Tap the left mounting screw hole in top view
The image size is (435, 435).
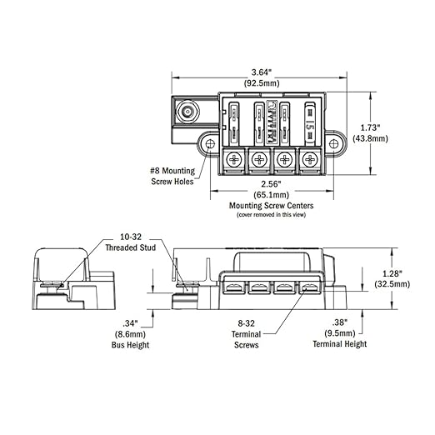[207, 143]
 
